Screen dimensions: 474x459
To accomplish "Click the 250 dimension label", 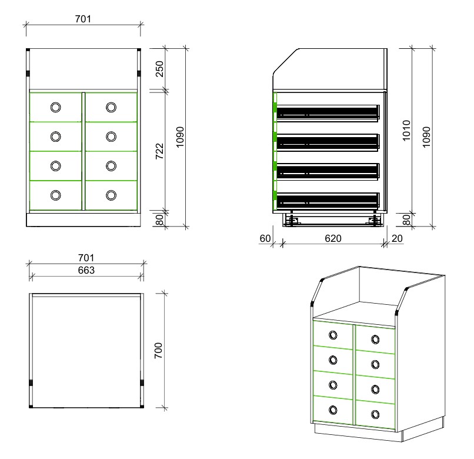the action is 159,69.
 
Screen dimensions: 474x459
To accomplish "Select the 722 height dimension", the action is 159,151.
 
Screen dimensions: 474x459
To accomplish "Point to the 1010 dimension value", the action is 406,131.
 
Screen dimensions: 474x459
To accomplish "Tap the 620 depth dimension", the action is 333,238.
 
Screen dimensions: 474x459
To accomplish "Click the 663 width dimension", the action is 86,270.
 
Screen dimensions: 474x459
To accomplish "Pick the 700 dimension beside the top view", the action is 158,351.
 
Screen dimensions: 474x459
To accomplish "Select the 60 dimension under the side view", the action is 265,238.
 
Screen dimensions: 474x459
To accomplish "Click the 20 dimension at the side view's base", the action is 397,238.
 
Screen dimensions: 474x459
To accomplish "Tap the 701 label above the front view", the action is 83,19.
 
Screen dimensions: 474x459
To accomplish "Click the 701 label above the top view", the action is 86,258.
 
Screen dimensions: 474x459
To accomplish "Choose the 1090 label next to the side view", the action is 426,137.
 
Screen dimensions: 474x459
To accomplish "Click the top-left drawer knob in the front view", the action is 56,107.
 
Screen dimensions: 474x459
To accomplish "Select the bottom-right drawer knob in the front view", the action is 111,195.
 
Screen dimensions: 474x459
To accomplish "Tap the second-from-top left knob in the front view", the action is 56,137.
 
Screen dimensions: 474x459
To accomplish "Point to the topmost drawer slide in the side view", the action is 328,114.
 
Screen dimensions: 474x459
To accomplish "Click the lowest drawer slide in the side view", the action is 328,201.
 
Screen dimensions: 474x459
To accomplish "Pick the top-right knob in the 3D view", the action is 375,340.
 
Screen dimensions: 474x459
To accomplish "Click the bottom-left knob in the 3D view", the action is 333,410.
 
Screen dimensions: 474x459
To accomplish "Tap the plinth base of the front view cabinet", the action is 84,220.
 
